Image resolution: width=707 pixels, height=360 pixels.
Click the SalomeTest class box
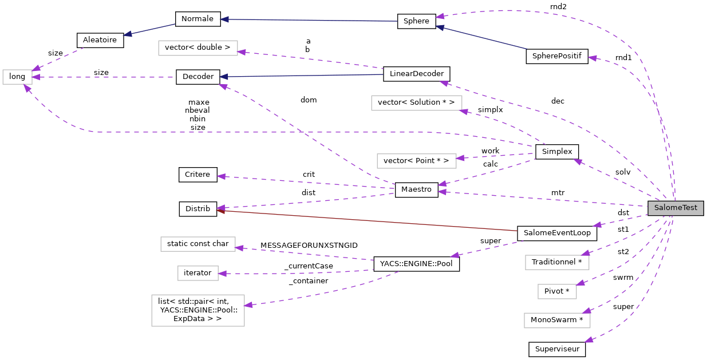point(676,208)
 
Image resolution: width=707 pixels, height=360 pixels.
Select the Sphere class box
point(416,21)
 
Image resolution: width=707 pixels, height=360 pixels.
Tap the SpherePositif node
point(556,57)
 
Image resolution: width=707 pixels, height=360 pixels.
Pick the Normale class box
point(197,19)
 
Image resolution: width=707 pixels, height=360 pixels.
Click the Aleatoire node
point(100,40)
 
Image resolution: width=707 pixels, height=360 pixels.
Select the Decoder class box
point(198,77)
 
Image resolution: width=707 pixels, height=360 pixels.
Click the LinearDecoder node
point(416,74)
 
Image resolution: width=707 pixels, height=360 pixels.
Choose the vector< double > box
point(198,48)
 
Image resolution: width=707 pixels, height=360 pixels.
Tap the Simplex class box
point(556,152)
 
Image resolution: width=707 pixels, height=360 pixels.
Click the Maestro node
point(416,190)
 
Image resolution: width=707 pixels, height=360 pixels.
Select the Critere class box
point(198,174)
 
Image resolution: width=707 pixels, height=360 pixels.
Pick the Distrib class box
point(198,209)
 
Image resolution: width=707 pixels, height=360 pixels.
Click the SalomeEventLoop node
point(556,234)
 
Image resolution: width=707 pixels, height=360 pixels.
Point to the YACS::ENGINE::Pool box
point(416,264)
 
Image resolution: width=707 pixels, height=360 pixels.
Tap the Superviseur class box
point(556,349)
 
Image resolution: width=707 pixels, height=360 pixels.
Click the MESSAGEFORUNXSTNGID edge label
point(309,246)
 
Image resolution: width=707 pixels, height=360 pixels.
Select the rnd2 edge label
point(558,6)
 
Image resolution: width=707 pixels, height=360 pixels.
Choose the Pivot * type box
point(556,291)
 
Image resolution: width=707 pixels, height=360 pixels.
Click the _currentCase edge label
point(309,266)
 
